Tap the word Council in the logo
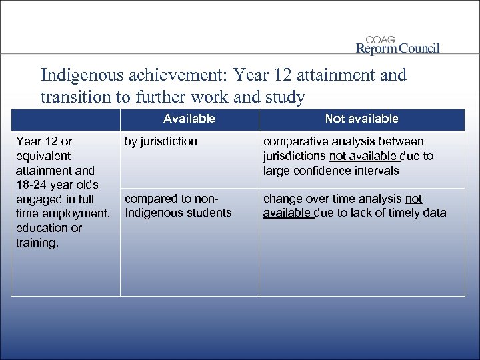415,49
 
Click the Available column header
189,119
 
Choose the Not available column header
361,119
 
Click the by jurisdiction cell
161,141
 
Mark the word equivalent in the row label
43,156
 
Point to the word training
37,243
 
